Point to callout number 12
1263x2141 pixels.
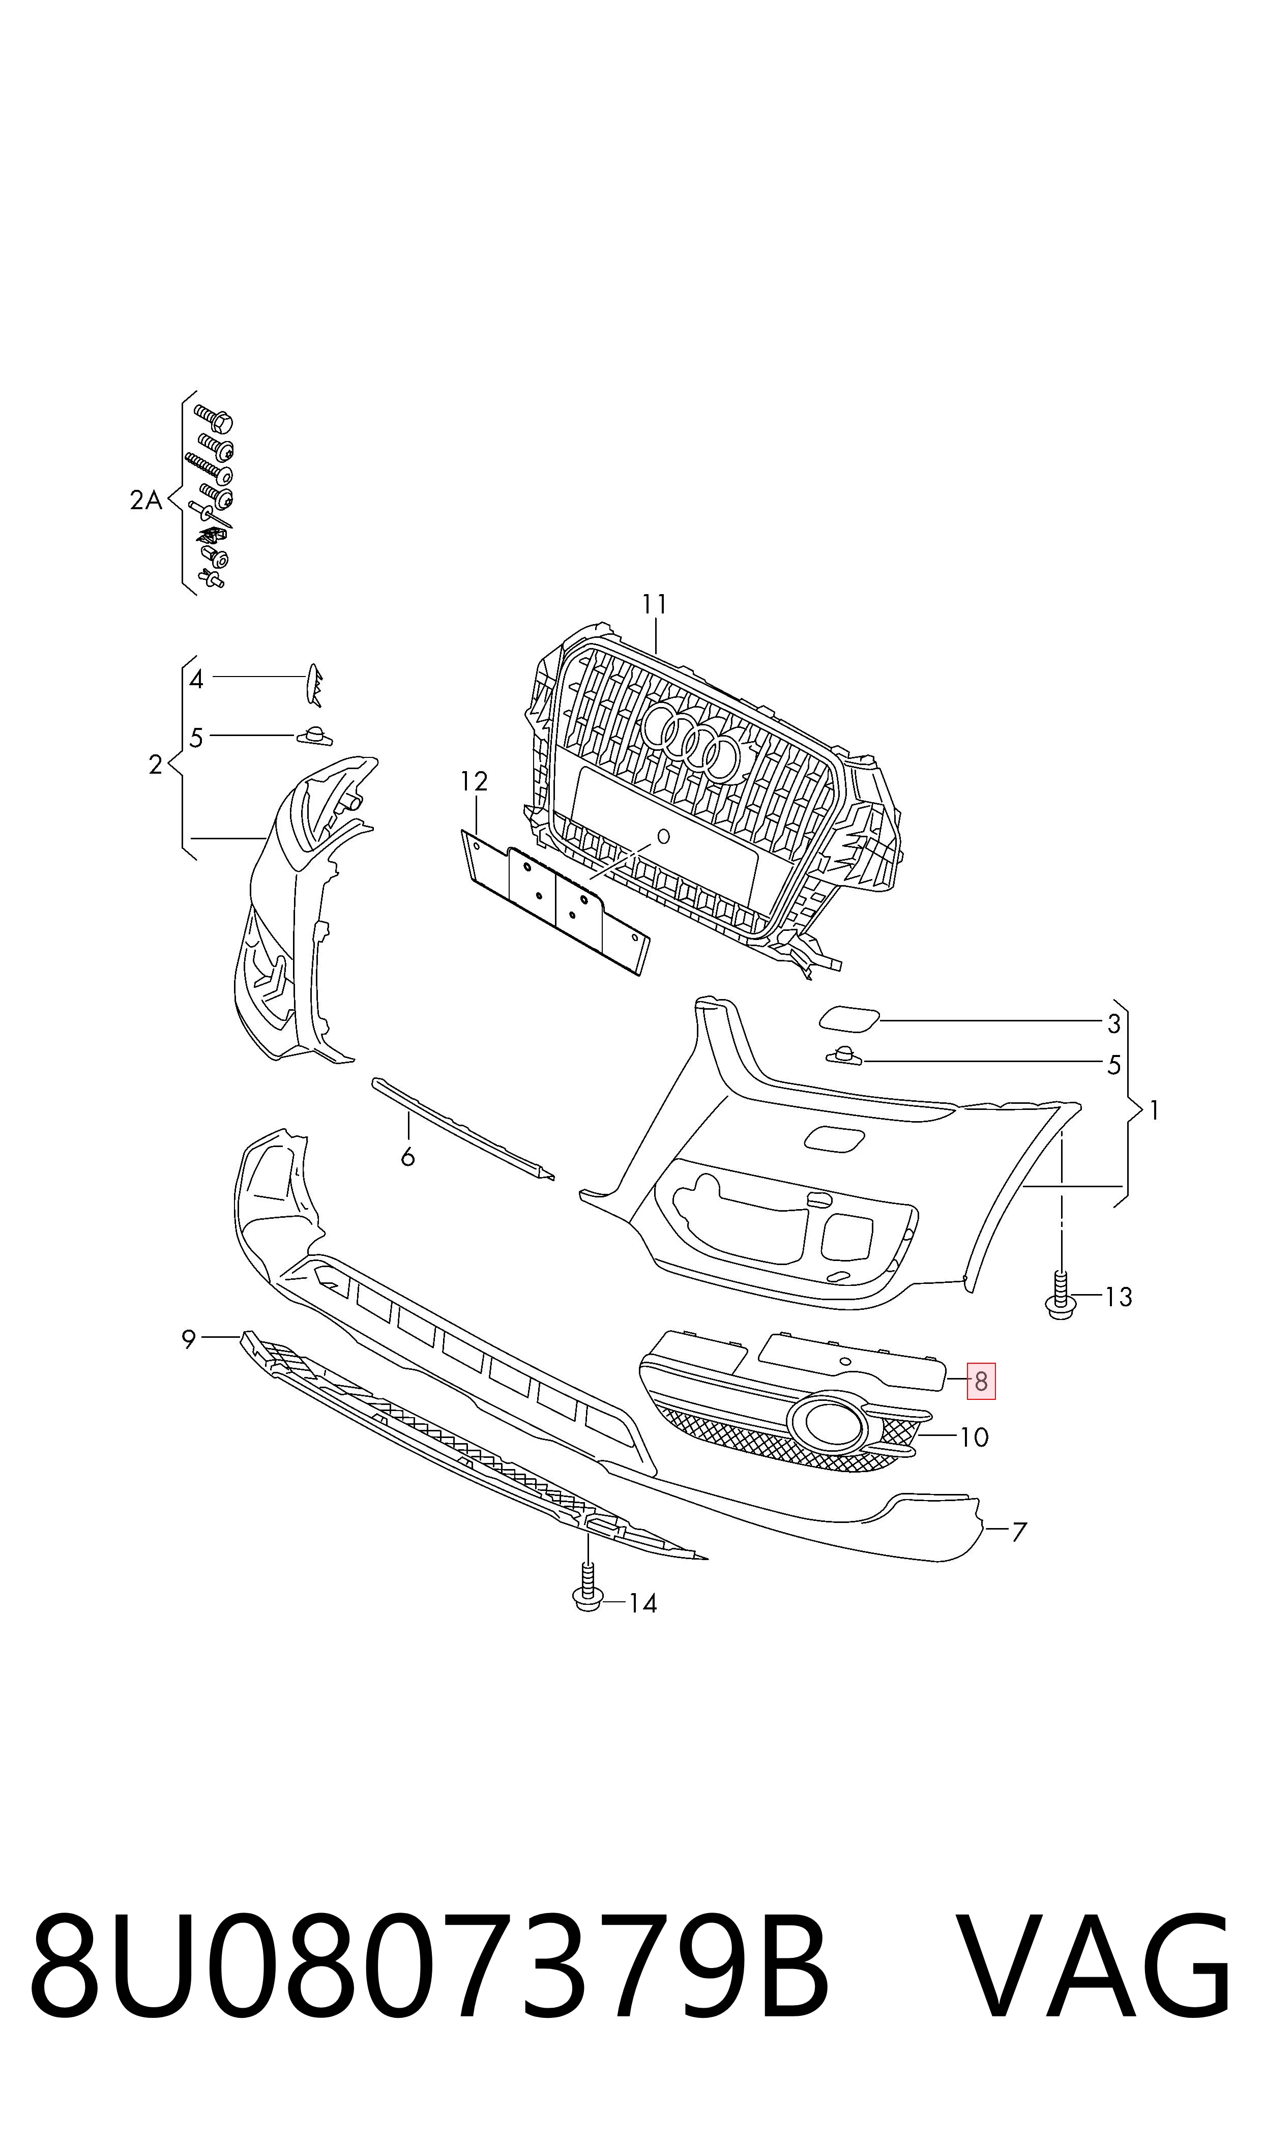(474, 781)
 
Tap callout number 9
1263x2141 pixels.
(189, 1339)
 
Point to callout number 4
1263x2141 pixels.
(197, 680)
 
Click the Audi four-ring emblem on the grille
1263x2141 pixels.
(692, 740)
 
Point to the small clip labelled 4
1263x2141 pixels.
(314, 685)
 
